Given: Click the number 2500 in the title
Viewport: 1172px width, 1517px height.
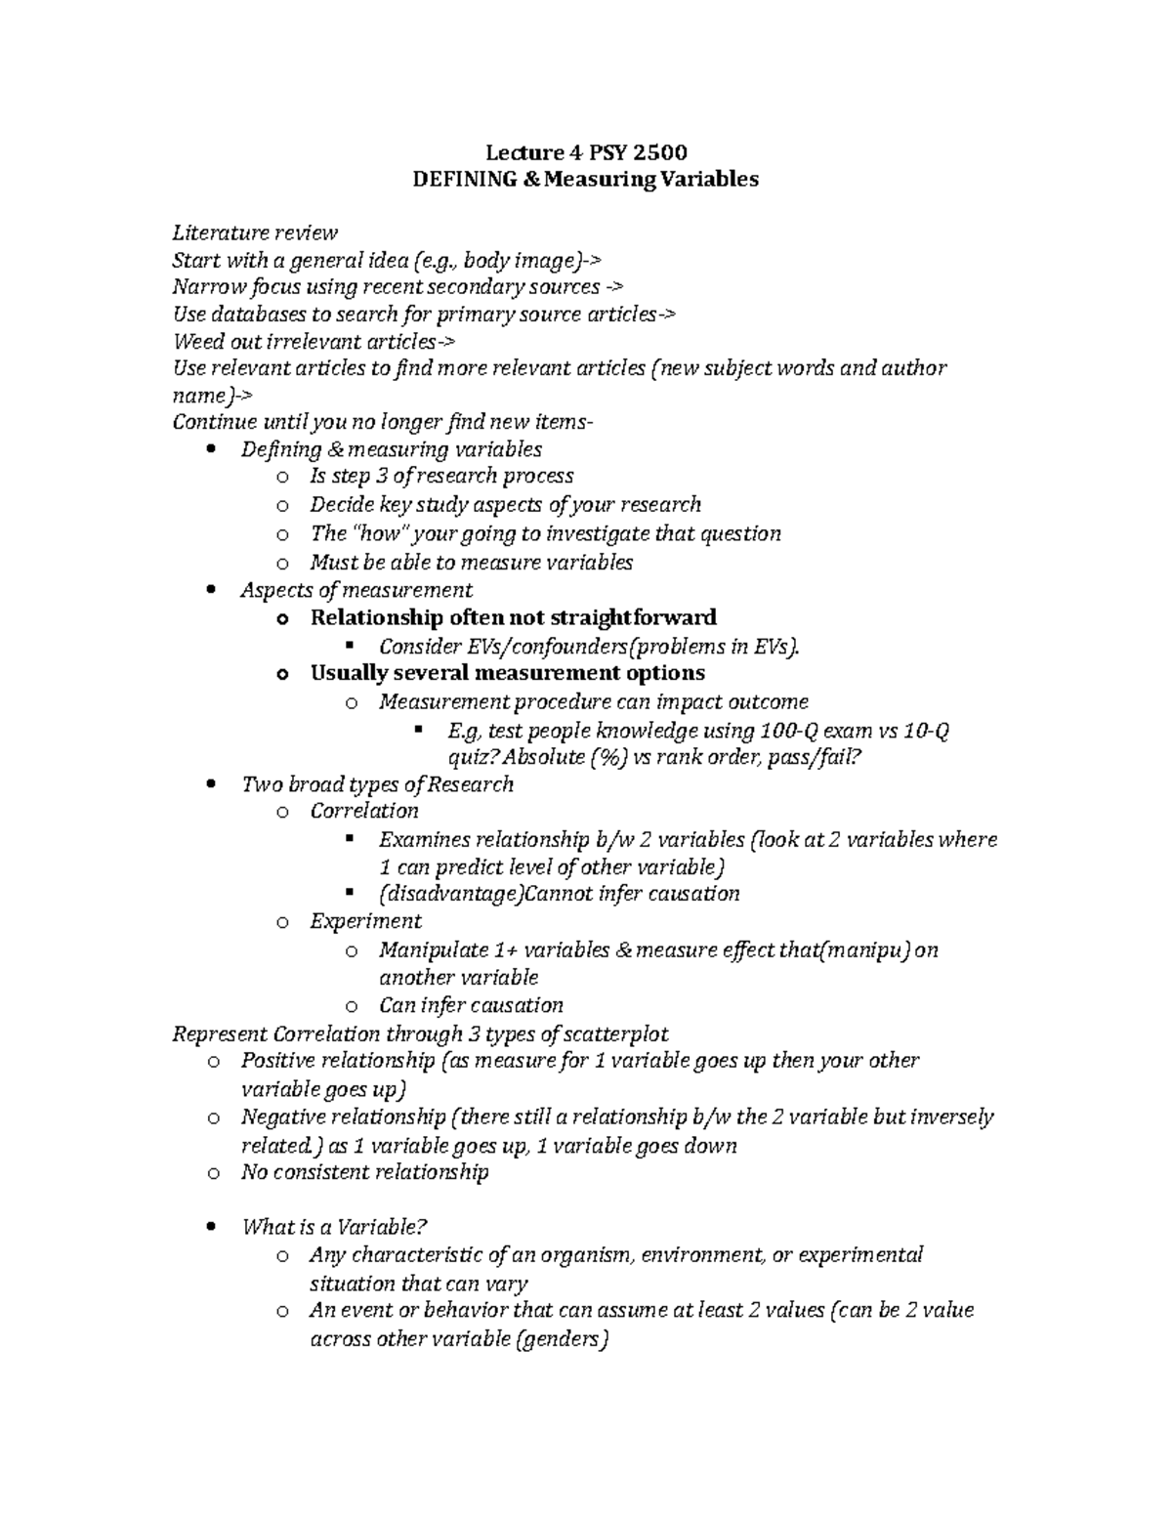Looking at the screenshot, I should tap(659, 152).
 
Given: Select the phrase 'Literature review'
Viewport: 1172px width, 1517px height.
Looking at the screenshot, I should tap(255, 232).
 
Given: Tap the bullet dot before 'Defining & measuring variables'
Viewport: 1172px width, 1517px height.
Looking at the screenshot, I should tap(212, 450).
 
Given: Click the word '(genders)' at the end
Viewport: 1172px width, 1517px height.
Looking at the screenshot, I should tap(561, 1340).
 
